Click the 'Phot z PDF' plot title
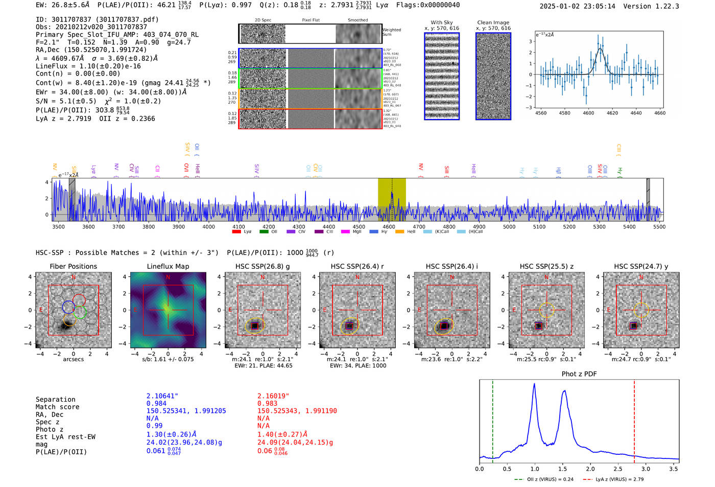click(579, 374)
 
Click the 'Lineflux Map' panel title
click(168, 266)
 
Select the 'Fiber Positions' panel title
click(73, 266)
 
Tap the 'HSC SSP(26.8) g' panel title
click(263, 266)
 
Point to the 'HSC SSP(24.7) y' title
click(641, 266)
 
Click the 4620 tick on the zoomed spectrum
click(612, 113)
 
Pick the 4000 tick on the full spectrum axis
click(208, 227)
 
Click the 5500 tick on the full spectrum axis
click(659, 227)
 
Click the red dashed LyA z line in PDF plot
click(634, 419)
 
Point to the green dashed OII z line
click(493, 419)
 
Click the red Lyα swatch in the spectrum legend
click(236, 232)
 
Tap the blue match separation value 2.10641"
click(162, 396)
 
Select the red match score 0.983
click(268, 404)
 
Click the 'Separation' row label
click(55, 400)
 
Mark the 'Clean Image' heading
click(493, 22)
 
